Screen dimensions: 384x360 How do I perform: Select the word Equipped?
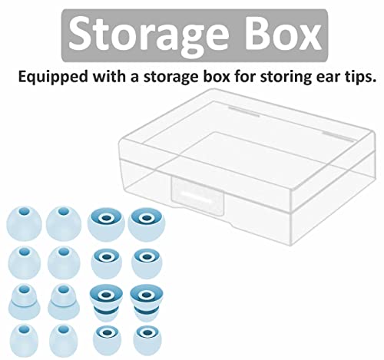coord(53,77)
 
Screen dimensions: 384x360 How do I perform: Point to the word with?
coord(110,76)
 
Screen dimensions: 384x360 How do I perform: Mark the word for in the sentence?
coord(245,76)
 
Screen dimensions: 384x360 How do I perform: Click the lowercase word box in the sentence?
coord(217,76)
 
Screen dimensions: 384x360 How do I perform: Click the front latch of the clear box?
coord(197,195)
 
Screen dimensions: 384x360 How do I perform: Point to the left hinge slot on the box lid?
coord(243,111)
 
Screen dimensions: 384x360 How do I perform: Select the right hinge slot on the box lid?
coord(338,137)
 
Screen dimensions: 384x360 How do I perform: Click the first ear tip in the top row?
coord(24,223)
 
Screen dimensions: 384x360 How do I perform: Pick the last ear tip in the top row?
coord(147,224)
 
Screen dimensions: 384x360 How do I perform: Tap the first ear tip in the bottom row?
coord(24,340)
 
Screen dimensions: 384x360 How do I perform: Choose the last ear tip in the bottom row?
coord(147,340)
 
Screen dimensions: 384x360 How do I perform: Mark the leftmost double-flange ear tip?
coord(25,302)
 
